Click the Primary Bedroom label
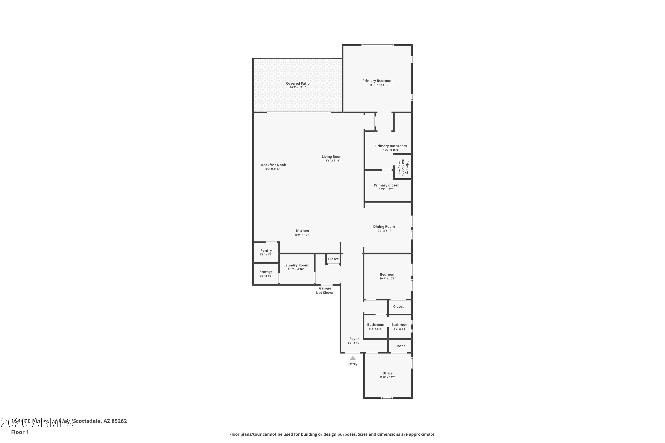pos(377,81)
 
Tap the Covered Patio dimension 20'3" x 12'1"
pos(297,87)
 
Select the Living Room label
pos(332,157)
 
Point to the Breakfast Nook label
pos(273,165)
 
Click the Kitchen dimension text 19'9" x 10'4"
pos(302,235)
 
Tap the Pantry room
pos(266,252)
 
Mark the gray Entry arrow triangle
pos(353,358)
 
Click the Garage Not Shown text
pos(325,290)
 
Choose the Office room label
pos(387,373)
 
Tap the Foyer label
pos(354,339)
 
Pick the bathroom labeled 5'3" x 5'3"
pos(376,326)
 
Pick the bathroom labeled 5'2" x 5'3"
pos(400,326)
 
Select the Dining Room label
pos(384,227)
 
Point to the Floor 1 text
pos(20,432)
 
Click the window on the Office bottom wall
pos(387,398)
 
